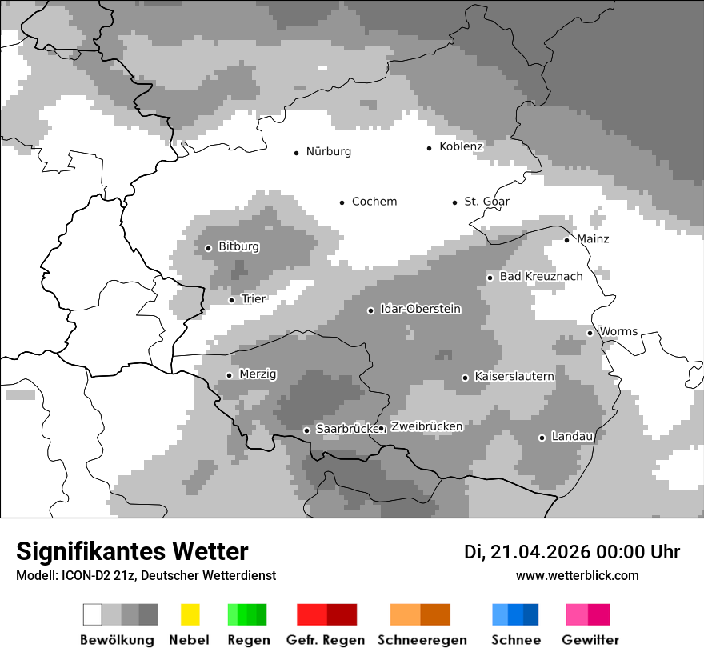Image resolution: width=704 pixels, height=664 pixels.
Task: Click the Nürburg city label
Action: [328, 152]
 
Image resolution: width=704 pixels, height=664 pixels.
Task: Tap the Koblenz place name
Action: [461, 147]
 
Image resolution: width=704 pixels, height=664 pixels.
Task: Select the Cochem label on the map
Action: [374, 202]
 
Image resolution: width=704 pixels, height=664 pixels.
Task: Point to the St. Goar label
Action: [486, 202]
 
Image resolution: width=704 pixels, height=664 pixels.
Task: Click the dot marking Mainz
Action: [567, 240]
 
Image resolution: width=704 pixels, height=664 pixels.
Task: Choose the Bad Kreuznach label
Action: [541, 277]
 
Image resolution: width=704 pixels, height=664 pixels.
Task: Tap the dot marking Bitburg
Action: [209, 248]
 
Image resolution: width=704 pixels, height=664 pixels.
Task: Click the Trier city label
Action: [253, 299]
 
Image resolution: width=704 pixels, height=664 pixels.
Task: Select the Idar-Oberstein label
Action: [420, 310]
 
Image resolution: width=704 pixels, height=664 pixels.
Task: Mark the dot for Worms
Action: [590, 333]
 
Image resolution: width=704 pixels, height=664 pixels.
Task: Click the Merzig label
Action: [258, 374]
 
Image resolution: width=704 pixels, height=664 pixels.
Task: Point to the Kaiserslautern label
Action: [514, 377]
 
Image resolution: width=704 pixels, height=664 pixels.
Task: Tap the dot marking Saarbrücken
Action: [306, 430]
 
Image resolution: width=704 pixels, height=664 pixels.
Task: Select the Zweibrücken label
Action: [426, 427]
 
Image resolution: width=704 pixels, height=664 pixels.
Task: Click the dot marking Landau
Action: [542, 438]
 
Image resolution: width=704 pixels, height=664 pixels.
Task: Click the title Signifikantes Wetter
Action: [132, 551]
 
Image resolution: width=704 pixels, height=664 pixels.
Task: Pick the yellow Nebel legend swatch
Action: [190, 614]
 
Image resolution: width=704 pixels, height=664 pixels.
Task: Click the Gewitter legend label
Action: [590, 640]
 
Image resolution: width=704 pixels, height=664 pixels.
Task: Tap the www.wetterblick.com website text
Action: [577, 576]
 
